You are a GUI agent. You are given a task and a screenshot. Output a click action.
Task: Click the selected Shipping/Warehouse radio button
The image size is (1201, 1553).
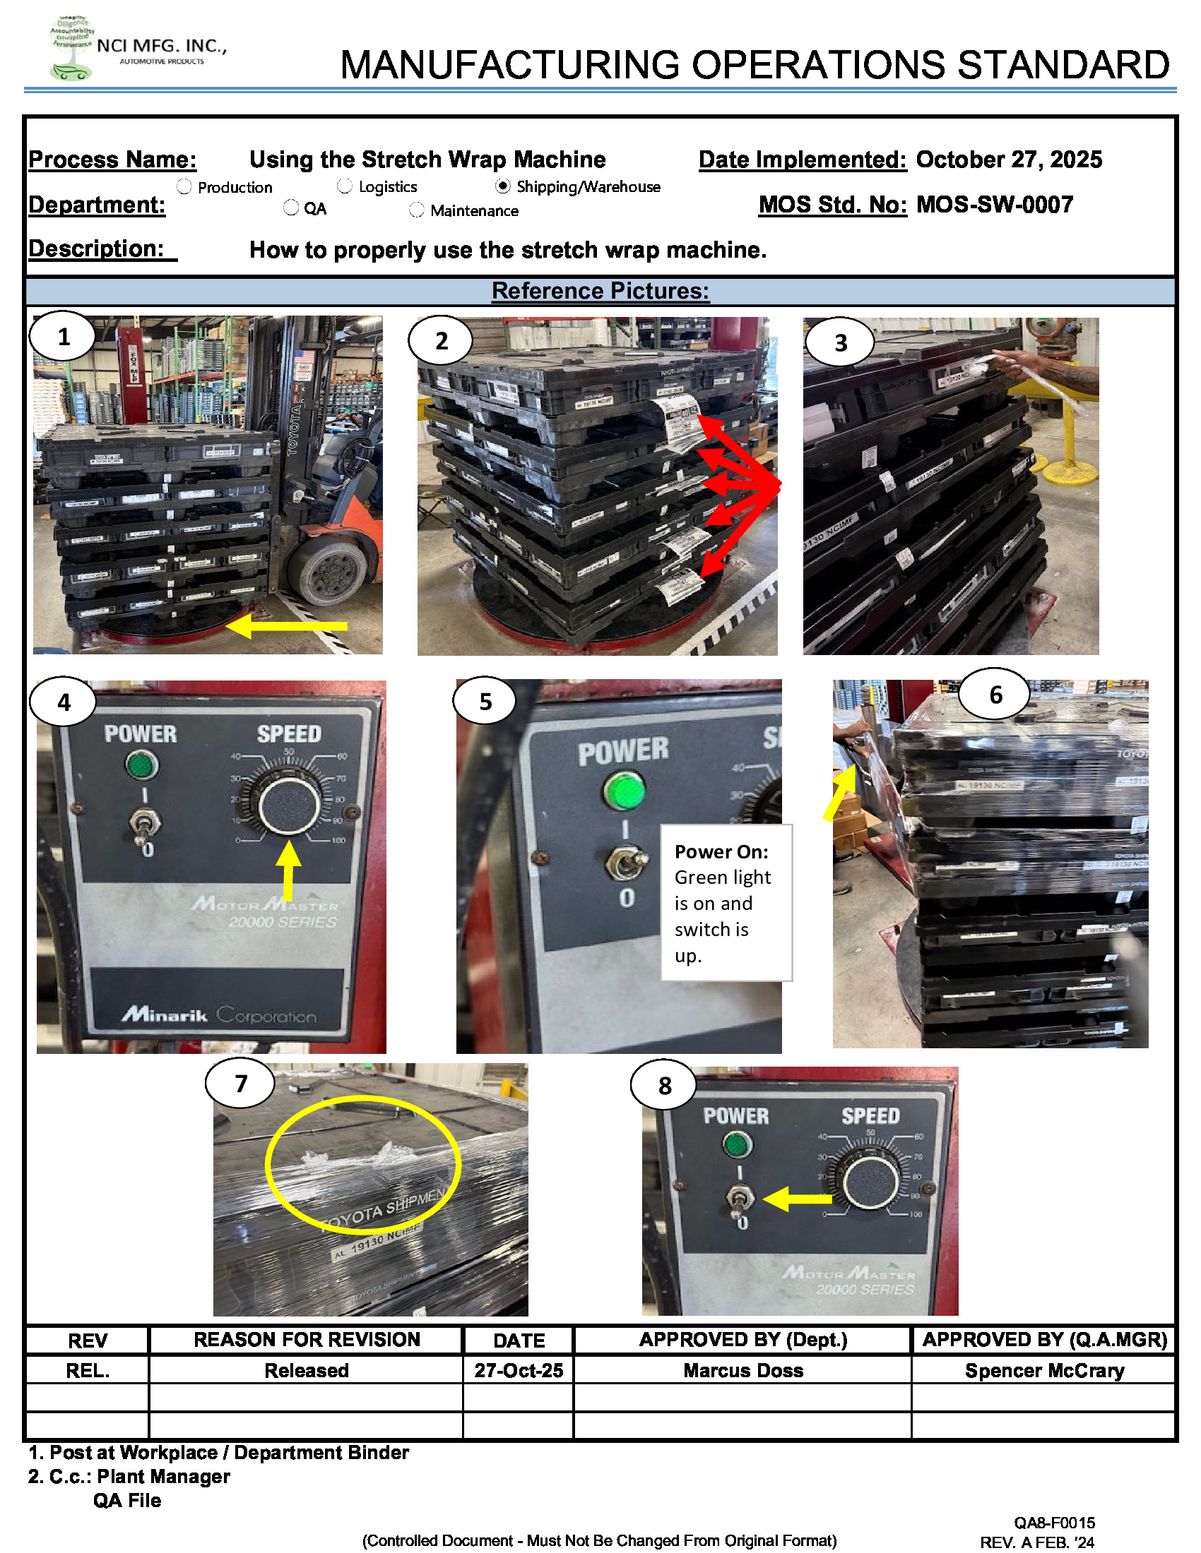[503, 186]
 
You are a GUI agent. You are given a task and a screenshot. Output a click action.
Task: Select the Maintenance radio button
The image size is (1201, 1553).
[417, 210]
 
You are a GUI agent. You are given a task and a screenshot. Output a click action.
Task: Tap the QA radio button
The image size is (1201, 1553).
[291, 208]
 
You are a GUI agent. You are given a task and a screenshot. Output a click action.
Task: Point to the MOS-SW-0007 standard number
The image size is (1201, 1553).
[994, 205]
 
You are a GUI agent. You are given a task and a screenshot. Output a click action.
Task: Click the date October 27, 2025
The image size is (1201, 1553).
[1008, 160]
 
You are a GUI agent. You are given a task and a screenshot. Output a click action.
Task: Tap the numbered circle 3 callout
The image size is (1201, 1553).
[840, 343]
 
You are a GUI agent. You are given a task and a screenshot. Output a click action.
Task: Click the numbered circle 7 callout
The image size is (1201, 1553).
[240, 1083]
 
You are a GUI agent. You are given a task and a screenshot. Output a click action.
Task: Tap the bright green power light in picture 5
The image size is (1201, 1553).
[623, 791]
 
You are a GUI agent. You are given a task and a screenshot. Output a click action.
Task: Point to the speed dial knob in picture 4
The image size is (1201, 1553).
[289, 805]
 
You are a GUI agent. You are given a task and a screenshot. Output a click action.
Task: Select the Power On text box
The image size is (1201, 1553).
[726, 902]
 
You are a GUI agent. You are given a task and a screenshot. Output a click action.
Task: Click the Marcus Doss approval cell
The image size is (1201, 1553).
[743, 1370]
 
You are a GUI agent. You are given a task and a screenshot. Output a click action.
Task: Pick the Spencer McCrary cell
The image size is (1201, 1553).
[1043, 1370]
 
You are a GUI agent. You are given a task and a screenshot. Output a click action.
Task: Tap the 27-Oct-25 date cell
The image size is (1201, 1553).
[519, 1370]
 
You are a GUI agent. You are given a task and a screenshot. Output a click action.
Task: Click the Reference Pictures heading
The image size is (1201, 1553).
[600, 291]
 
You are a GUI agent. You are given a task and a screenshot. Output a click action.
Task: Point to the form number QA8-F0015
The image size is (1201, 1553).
[1054, 1523]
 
